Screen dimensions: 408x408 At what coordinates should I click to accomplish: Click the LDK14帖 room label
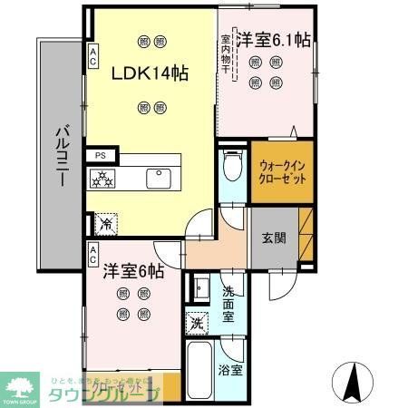pos(151,74)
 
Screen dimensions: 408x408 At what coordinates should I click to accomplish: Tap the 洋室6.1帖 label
pos(274,41)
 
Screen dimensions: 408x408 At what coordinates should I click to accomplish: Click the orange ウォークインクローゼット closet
pos(282,172)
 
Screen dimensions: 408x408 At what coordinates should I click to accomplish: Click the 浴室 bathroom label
pos(229,370)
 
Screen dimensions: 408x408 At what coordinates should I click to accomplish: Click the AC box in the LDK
pos(92,57)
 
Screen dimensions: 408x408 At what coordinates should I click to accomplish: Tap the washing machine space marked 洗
pos(197,323)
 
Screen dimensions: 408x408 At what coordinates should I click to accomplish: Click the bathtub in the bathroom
pos(199,370)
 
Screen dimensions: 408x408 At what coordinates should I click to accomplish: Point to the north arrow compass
pos(354,378)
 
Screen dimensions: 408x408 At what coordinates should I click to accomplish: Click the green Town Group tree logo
pos(19,384)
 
